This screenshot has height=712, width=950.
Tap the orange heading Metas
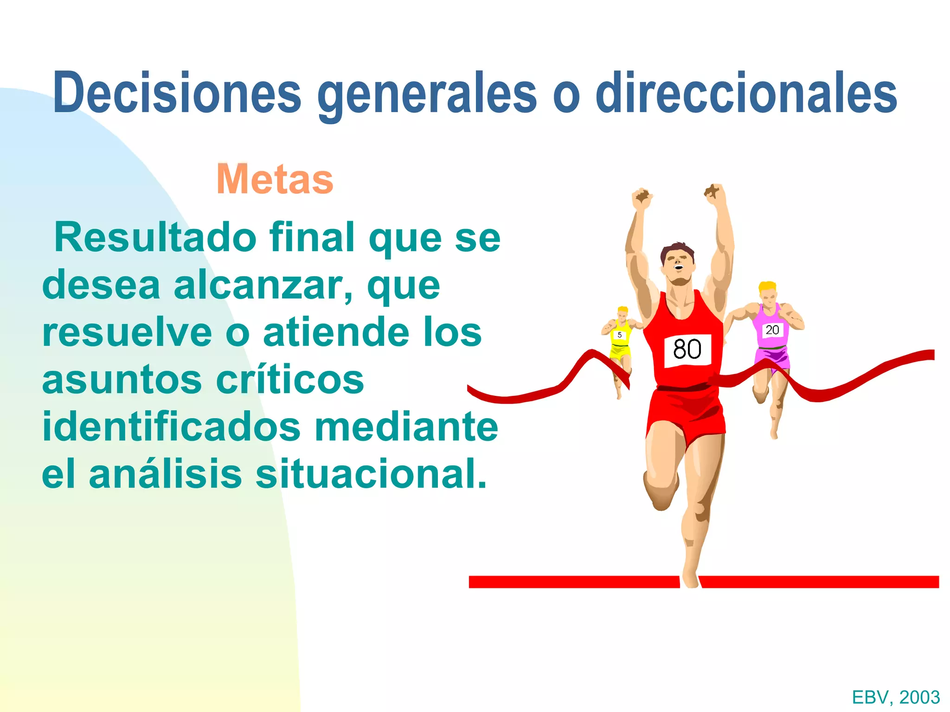(275, 179)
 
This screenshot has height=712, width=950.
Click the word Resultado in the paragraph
(155, 237)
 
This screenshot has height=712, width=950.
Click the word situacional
(371, 474)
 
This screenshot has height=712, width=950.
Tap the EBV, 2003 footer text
(896, 697)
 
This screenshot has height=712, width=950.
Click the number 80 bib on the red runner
(687, 350)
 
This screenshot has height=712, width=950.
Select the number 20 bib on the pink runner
(772, 330)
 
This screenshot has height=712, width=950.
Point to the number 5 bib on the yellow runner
(619, 335)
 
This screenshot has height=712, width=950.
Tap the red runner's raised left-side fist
(642, 198)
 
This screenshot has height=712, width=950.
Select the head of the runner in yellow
(623, 315)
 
